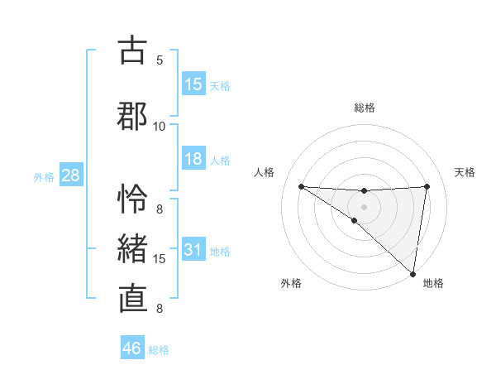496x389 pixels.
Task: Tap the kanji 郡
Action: tap(132, 115)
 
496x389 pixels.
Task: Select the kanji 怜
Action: tap(132, 199)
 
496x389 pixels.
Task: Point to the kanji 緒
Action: tap(132, 249)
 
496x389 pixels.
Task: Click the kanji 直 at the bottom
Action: tap(132, 299)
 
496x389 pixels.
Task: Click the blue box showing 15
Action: tap(193, 84)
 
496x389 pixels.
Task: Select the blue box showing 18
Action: tap(193, 159)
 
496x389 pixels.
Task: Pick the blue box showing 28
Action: tap(70, 176)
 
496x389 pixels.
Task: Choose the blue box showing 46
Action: tap(132, 348)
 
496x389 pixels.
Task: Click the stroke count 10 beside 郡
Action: tap(160, 126)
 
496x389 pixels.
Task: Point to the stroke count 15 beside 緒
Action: tap(160, 259)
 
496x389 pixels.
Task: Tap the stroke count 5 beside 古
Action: tap(160, 60)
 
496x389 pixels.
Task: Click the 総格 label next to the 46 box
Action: tap(159, 350)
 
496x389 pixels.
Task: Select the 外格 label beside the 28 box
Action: tap(44, 177)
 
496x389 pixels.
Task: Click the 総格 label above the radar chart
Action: tap(365, 108)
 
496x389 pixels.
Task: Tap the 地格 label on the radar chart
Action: tap(433, 283)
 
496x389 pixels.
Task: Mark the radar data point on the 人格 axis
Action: tap(302, 186)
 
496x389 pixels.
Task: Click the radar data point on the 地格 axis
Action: tap(413, 273)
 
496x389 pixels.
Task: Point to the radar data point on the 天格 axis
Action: tap(427, 186)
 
